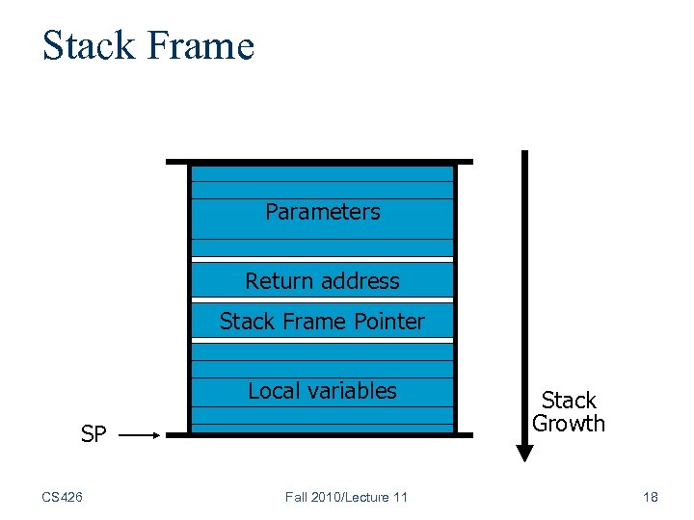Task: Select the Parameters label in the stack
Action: pyautogui.click(x=322, y=212)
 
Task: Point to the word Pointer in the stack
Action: pyautogui.click(x=386, y=322)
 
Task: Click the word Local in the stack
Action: pyautogui.click(x=273, y=391)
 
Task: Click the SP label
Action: pyautogui.click(x=93, y=435)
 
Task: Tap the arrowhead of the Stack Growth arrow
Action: pyautogui.click(x=524, y=453)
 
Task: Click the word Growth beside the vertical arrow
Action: pyautogui.click(x=569, y=424)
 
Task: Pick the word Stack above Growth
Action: pyautogui.click(x=569, y=401)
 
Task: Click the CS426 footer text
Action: pyautogui.click(x=63, y=497)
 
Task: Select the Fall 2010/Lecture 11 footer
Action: pyautogui.click(x=346, y=497)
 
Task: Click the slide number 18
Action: pyautogui.click(x=650, y=497)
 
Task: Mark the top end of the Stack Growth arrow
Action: pyautogui.click(x=524, y=154)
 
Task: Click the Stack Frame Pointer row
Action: pyautogui.click(x=322, y=322)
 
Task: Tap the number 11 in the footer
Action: pyautogui.click(x=399, y=497)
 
